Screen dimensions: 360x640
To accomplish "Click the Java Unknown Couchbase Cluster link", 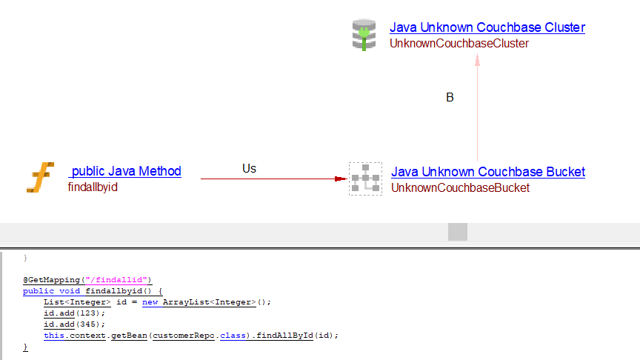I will click(487, 27).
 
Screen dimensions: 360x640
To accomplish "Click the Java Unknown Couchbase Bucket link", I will click(487, 172).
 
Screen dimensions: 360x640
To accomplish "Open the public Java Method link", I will click(125, 171).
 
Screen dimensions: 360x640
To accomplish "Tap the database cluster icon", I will click(364, 35).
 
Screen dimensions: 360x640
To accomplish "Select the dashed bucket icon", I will click(365, 179).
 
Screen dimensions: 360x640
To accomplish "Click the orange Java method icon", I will click(41, 179).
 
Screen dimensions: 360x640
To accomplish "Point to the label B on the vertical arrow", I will click(450, 98).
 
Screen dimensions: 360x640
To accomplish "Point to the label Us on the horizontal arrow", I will click(249, 169).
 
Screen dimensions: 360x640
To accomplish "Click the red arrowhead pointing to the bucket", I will click(340, 179).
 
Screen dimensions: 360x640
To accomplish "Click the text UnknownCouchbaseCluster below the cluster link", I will click(459, 44).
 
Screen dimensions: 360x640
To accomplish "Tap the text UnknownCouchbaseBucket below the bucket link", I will click(460, 188).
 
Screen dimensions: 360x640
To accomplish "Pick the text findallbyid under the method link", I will click(93, 187).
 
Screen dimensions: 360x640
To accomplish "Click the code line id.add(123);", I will click(75, 313).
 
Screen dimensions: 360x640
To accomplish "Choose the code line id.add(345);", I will click(75, 324).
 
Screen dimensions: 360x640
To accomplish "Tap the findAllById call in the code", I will click(288, 335).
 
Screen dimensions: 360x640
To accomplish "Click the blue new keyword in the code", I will click(150, 301).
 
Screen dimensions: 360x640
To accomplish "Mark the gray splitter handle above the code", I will click(458, 232).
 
